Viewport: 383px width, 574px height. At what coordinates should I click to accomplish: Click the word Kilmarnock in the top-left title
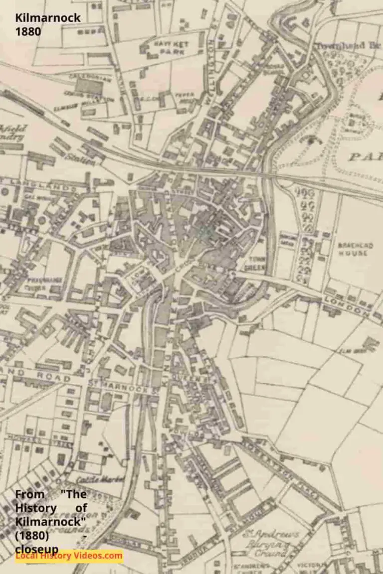pyautogui.click(x=48, y=18)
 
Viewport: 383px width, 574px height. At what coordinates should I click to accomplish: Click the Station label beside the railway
pyautogui.click(x=82, y=160)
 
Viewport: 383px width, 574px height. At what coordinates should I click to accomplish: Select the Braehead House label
pyautogui.click(x=352, y=249)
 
